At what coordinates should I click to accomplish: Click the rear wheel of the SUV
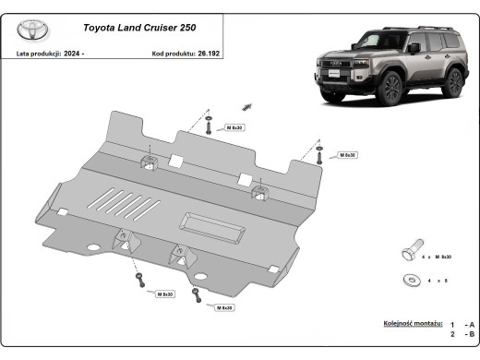pyautogui.click(x=452, y=81)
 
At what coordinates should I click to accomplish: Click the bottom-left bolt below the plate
pyautogui.click(x=139, y=278)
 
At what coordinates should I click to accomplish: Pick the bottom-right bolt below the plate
pyautogui.click(x=197, y=293)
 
